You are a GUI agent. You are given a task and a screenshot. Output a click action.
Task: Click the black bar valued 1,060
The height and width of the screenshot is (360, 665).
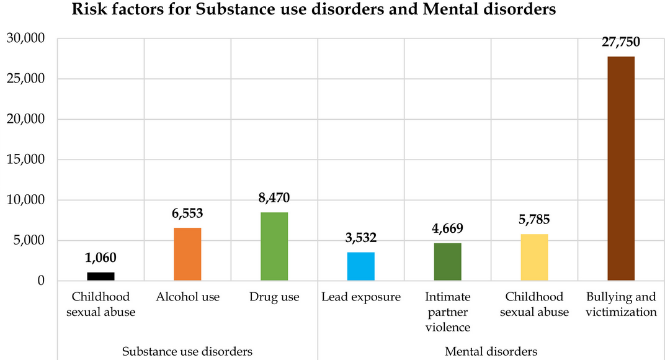[x=100, y=276]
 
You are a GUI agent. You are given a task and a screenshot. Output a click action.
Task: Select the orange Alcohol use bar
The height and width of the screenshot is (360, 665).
[x=187, y=254]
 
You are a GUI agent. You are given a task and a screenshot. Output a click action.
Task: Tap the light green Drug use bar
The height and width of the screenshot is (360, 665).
[x=274, y=246]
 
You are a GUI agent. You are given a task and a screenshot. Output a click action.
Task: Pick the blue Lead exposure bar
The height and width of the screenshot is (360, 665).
[x=360, y=266]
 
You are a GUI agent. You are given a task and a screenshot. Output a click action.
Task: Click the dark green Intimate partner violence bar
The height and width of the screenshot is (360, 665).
[x=447, y=262]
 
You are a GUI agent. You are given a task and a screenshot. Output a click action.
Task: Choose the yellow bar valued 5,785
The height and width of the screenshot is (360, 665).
[x=534, y=257]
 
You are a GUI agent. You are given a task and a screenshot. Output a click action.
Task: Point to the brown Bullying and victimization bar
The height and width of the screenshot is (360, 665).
[x=621, y=168]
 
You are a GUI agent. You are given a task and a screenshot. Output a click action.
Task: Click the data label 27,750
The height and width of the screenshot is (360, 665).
[x=620, y=42]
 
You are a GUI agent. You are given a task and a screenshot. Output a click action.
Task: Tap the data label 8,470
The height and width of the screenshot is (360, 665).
[x=274, y=198]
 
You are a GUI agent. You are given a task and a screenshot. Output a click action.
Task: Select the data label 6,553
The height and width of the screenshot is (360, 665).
[x=187, y=214]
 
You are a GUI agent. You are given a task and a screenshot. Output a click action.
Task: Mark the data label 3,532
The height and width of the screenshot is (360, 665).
[x=360, y=238]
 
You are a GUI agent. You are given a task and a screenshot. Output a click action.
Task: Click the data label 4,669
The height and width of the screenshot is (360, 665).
[x=447, y=228]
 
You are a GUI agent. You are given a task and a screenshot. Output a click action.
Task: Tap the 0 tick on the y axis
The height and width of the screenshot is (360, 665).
[x=41, y=281]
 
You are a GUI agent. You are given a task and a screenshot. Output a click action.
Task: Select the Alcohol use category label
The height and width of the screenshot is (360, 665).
[x=187, y=297]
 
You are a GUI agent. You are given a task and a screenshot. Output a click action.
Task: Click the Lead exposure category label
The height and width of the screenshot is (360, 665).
[x=360, y=297]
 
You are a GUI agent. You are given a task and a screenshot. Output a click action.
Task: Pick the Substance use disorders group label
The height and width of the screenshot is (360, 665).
[x=187, y=351]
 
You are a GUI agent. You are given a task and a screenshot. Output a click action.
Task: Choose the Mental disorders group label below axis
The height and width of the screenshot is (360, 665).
[x=491, y=351]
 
